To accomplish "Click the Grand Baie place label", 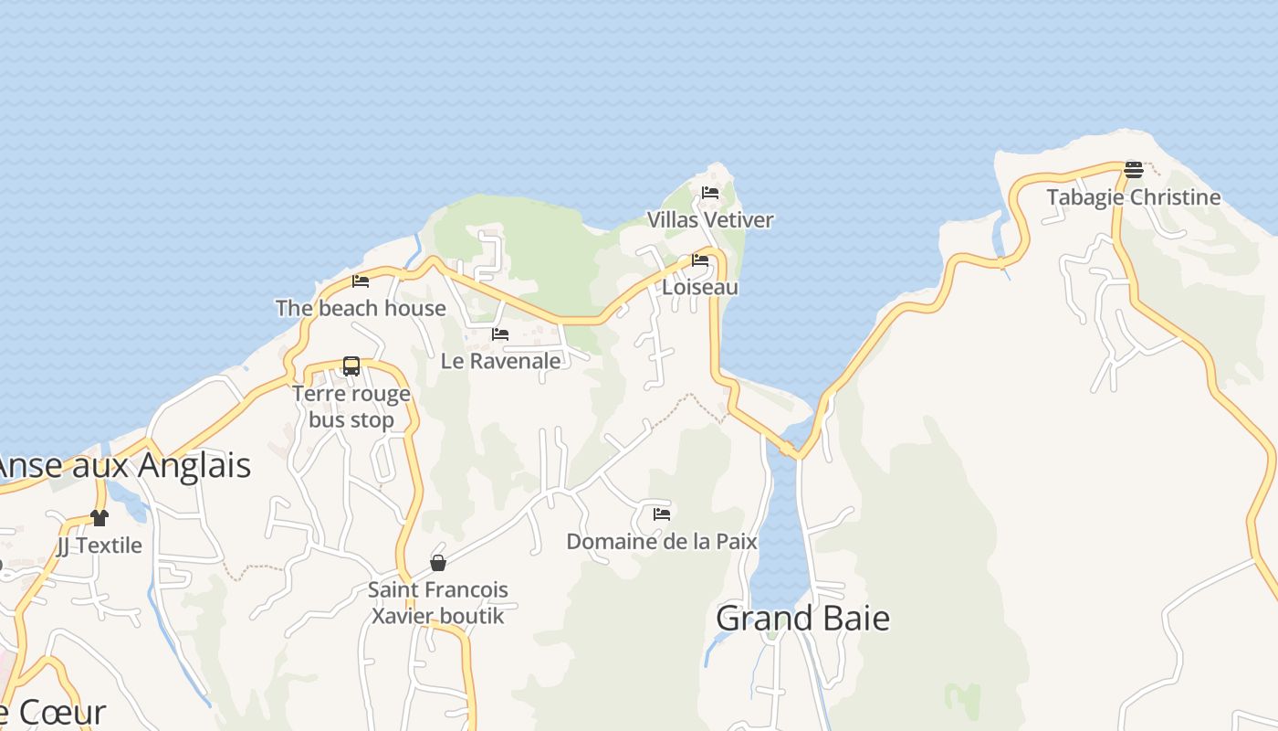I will [x=802, y=619].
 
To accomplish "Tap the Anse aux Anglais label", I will [x=123, y=466].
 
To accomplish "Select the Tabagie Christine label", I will [x=1133, y=197].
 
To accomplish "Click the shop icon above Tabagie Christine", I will [x=1134, y=169].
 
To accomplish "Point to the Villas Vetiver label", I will [x=710, y=220].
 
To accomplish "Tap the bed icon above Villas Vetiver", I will [x=710, y=193].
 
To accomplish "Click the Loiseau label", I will [x=700, y=287].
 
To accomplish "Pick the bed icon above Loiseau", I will [x=700, y=260].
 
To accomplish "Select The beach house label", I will [x=361, y=308].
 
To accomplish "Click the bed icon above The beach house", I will [x=361, y=281].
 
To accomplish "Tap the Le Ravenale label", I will [x=500, y=361].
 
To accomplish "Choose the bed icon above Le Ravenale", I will [x=500, y=334].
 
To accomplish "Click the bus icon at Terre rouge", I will [x=351, y=366].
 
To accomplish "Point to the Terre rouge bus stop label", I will [x=351, y=407].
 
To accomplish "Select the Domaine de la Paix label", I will [x=662, y=542].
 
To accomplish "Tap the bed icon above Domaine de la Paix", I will [x=662, y=514].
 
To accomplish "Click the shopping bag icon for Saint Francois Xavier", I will [x=438, y=563].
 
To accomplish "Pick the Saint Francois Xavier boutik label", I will [x=438, y=602].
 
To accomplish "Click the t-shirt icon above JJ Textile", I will [x=100, y=518].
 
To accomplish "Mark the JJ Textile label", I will [x=100, y=546].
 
